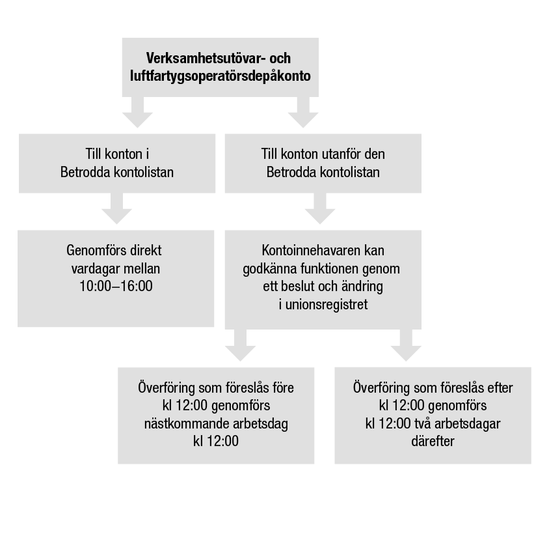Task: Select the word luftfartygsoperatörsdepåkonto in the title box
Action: (221, 76)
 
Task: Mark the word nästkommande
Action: (178, 423)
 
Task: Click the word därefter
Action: (432, 441)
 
